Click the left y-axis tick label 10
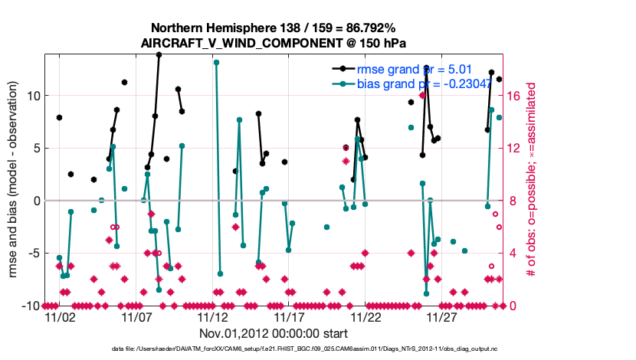[32, 96]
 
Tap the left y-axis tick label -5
[32, 254]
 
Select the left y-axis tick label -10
[29, 306]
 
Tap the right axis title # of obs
[530, 180]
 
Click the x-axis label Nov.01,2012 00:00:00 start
[274, 334]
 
